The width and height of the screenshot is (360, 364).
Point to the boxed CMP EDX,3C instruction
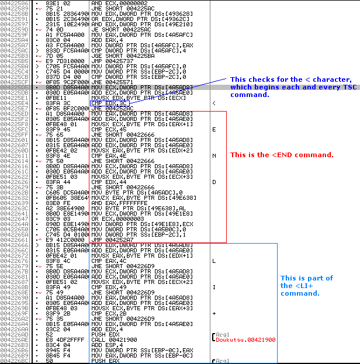point(107,103)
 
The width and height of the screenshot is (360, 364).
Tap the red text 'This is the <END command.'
point(282,155)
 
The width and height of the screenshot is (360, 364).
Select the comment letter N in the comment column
point(214,155)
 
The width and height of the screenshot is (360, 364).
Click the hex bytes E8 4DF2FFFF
point(56,339)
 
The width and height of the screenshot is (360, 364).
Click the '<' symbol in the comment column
point(214,103)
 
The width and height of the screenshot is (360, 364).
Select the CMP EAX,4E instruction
point(107,155)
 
